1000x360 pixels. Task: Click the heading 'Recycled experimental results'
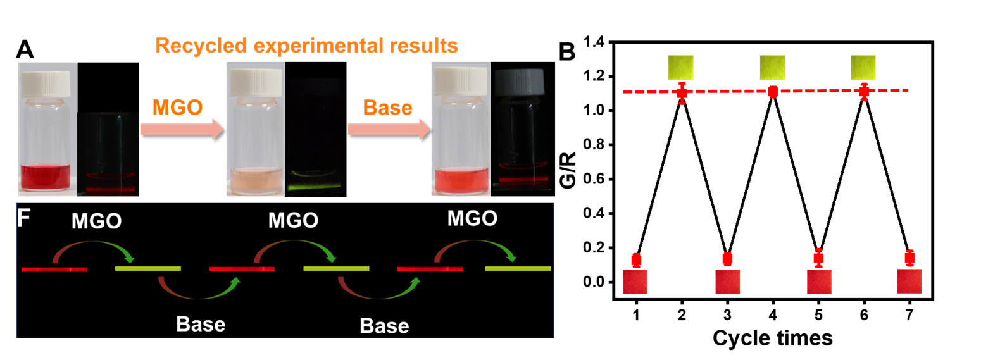click(x=306, y=46)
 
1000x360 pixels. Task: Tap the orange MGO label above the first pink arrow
click(x=177, y=108)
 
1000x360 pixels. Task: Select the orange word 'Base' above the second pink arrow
click(x=387, y=108)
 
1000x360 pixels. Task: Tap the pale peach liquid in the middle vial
click(x=255, y=180)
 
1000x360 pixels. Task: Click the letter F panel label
click(x=23, y=218)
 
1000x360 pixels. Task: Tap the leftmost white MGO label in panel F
click(x=96, y=221)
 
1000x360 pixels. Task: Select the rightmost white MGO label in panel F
click(x=472, y=219)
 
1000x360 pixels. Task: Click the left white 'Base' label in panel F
click(x=201, y=325)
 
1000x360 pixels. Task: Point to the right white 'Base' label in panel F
click(x=384, y=326)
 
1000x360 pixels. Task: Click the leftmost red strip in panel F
click(x=54, y=270)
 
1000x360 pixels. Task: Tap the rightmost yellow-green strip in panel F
click(x=518, y=269)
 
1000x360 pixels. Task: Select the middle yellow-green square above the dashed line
click(x=772, y=67)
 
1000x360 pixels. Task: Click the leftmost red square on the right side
click(x=635, y=282)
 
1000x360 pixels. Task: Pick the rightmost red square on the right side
click(x=909, y=282)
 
